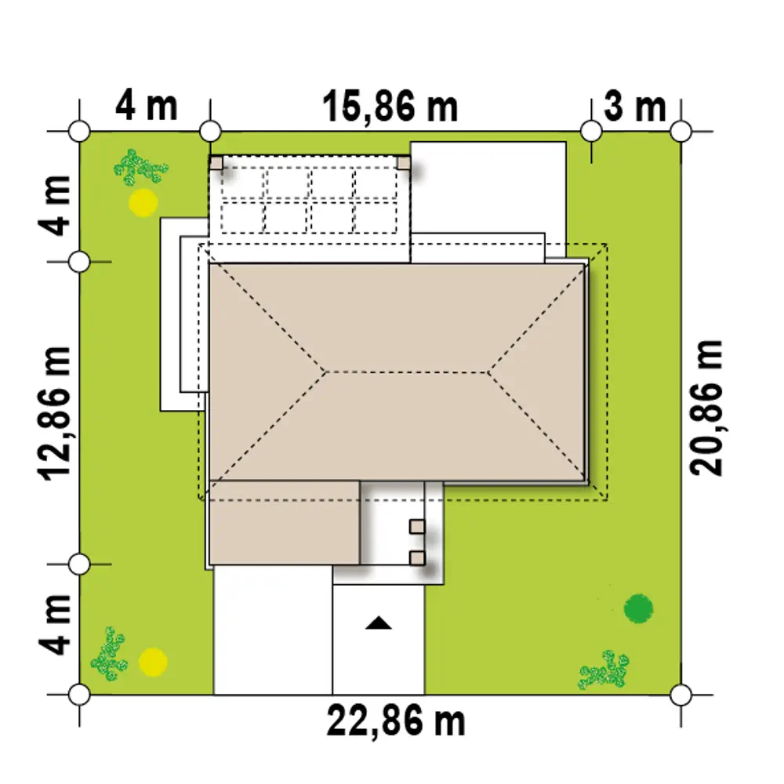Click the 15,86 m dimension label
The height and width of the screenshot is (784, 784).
pos(390,107)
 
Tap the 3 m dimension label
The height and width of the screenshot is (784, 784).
pos(635,107)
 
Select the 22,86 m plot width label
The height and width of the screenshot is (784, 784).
pos(395,720)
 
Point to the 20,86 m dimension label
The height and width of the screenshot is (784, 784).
pos(706,408)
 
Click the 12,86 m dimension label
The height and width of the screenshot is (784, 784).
pos(55,413)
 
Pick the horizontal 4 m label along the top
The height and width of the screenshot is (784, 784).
pos(147,106)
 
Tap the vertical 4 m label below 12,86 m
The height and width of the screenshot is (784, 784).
pos(55,625)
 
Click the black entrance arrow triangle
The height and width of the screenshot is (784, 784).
pos(379,623)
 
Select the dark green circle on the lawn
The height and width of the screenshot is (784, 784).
pos(638,608)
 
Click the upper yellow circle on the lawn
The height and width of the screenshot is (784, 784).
pos(143,202)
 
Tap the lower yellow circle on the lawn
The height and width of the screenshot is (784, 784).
pos(153,662)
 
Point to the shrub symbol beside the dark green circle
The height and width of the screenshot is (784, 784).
pos(604,670)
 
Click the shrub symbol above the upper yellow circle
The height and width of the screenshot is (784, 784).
pos(140,167)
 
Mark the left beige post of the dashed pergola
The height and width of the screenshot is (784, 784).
pos(216,163)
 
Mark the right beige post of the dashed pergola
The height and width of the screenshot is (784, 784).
pos(404,163)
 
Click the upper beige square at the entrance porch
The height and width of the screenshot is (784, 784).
pos(417,527)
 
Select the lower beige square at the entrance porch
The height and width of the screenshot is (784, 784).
pos(417,558)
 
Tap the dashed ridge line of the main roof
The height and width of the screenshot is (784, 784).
pos(406,372)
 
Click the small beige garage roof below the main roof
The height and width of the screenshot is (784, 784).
pos(284,523)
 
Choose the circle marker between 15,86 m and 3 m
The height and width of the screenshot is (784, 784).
pos(591,132)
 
